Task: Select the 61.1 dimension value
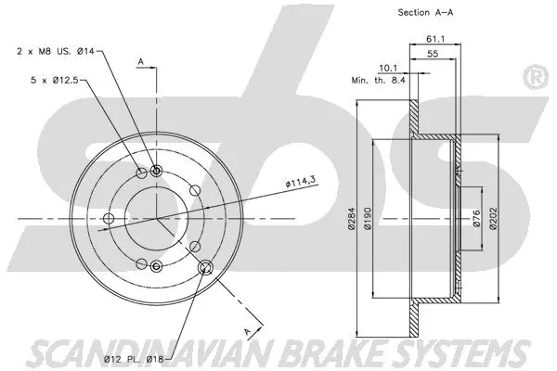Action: point(434,38)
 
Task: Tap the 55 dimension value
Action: point(434,55)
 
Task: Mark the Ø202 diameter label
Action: point(495,220)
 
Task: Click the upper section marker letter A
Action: point(140,62)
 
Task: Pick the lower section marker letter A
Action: point(247,329)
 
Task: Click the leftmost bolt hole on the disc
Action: point(109,219)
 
